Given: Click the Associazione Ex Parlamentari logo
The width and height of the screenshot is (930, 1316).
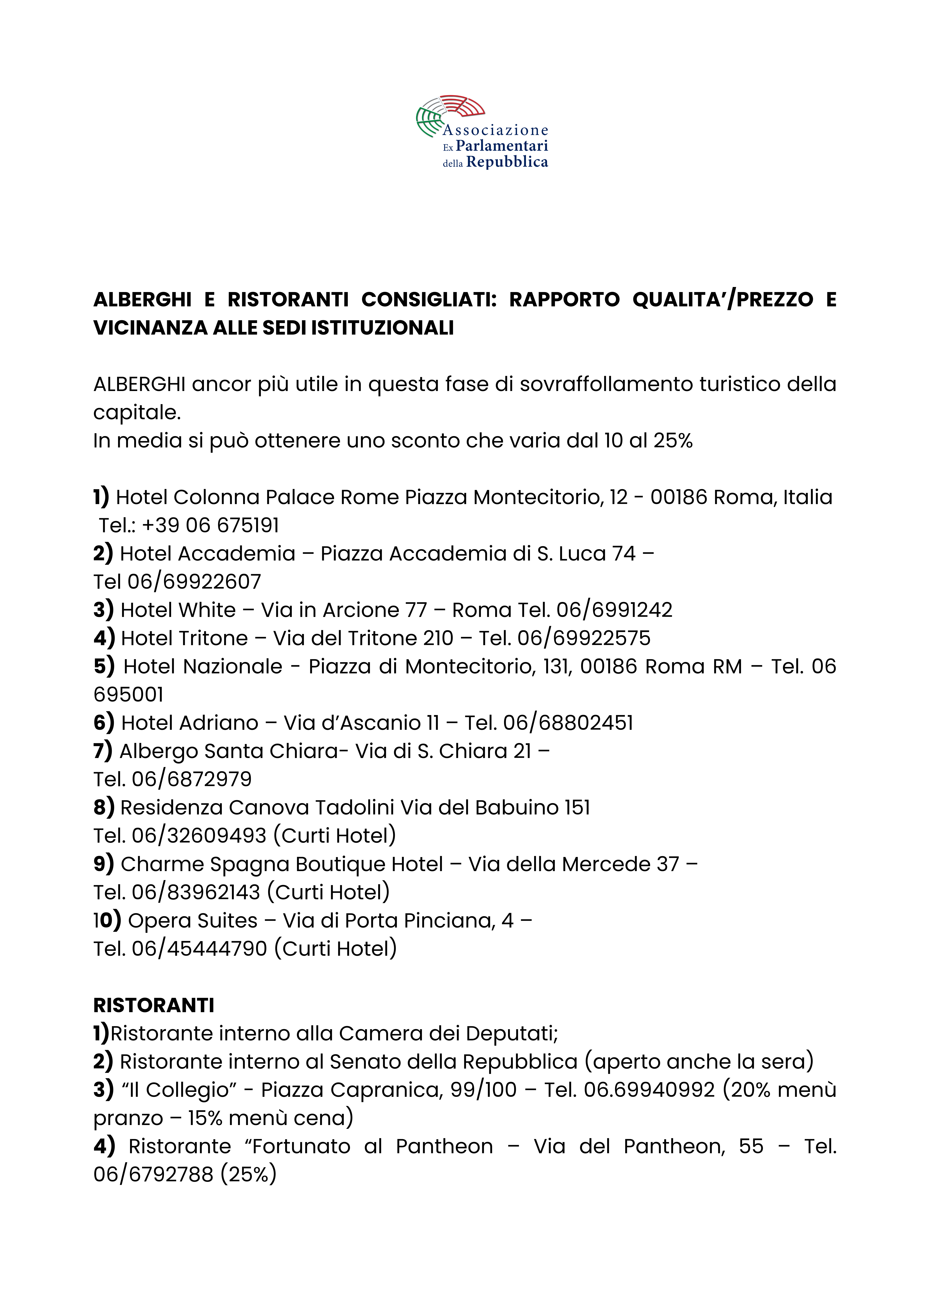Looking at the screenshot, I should click(482, 132).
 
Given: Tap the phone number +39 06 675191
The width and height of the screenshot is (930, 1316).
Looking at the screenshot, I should click(210, 525).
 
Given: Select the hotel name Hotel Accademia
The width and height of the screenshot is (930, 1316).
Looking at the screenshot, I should click(208, 554).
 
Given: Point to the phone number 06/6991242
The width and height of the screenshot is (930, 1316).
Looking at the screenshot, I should click(614, 610).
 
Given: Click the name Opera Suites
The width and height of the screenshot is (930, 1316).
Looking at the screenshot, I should click(193, 921).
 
